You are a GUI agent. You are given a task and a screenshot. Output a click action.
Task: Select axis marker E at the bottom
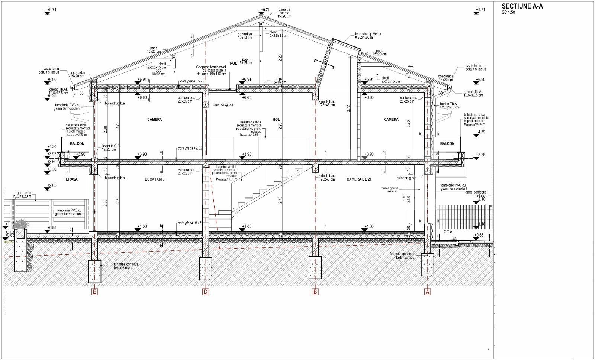(95, 292)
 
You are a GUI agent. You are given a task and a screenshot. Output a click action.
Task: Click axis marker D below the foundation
(206, 292)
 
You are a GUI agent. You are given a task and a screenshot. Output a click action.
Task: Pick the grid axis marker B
(315, 292)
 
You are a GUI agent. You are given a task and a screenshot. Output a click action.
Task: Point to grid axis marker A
(428, 292)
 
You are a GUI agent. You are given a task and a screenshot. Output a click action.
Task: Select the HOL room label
(276, 120)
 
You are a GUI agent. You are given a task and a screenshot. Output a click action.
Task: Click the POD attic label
(234, 64)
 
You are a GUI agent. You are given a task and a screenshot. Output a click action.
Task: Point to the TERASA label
(70, 179)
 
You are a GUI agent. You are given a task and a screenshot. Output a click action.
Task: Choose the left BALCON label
(77, 143)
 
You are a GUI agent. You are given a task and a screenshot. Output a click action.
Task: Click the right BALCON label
(447, 143)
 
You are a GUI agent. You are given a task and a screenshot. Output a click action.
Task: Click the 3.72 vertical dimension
(348, 109)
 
